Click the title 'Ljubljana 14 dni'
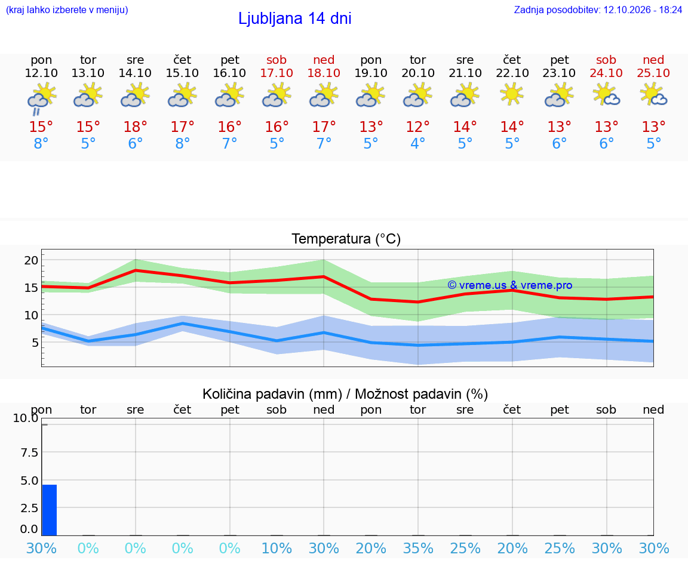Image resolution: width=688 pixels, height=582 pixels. (x=295, y=19)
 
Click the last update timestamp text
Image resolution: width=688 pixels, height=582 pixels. (x=598, y=10)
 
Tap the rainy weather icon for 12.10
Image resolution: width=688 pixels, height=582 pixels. (x=41, y=99)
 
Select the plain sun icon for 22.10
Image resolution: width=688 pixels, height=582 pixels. (x=512, y=94)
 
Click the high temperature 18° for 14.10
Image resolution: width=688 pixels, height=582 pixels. (x=135, y=127)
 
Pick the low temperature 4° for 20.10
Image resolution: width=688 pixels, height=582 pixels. (x=417, y=143)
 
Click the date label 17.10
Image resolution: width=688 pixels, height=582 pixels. (x=277, y=73)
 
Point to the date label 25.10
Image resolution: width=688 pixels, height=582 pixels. (x=653, y=73)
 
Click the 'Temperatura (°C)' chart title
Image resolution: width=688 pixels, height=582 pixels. (x=346, y=239)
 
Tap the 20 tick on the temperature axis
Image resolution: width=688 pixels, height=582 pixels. (x=31, y=260)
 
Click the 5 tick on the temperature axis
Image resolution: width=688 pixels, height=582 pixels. (x=35, y=343)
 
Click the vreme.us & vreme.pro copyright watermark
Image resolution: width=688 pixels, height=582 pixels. (x=510, y=285)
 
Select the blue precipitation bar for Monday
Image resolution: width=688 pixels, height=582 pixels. (x=49, y=510)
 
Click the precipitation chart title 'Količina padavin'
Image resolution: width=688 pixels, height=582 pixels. (x=272, y=394)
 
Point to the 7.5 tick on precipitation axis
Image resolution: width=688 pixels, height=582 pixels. (x=29, y=452)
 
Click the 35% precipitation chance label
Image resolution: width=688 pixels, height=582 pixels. (x=417, y=548)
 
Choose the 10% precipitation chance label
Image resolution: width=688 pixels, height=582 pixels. (x=277, y=548)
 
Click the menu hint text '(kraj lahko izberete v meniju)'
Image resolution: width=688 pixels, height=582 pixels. (x=67, y=10)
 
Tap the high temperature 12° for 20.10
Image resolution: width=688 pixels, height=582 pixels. (x=417, y=127)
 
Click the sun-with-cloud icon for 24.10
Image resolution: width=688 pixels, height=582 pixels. (x=606, y=96)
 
